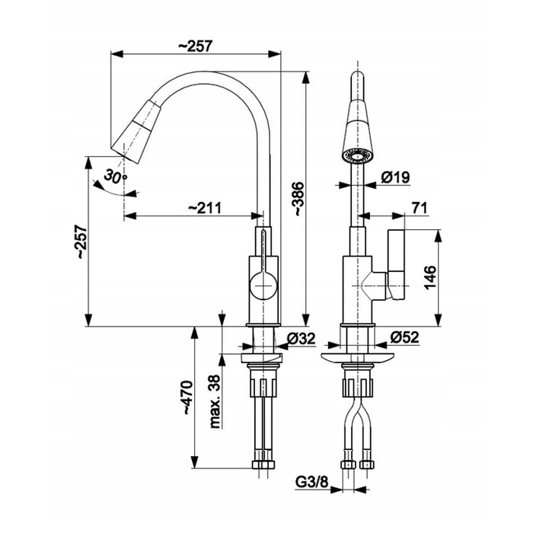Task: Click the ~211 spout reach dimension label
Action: tap(205, 208)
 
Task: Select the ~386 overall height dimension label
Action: tap(298, 199)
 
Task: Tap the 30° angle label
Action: tap(115, 176)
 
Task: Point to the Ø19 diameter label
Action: tap(396, 177)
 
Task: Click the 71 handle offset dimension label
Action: tap(419, 208)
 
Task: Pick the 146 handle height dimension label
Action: tap(430, 277)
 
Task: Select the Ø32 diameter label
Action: tap(302, 339)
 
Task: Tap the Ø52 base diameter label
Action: tap(405, 337)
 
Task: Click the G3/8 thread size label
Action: tap(311, 482)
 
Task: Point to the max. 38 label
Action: tap(215, 402)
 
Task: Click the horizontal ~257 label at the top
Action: tap(196, 46)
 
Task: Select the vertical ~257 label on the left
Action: tap(82, 241)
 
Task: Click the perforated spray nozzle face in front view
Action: tap(358, 156)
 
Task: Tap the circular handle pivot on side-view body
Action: tap(263, 286)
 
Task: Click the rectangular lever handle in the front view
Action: tap(397, 265)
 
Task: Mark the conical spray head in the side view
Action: tap(136, 131)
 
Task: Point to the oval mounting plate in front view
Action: tap(358, 359)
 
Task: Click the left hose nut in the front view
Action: tap(347, 464)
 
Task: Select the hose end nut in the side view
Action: tap(263, 464)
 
